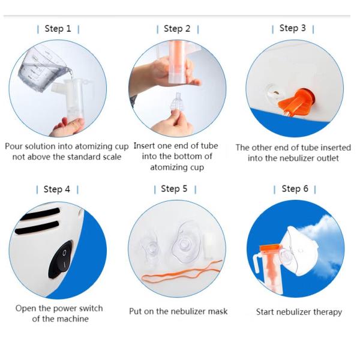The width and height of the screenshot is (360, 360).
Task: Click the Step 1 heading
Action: click(x=58, y=29)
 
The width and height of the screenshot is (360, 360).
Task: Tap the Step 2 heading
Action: click(x=177, y=29)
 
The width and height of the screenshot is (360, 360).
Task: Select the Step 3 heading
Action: click(x=293, y=28)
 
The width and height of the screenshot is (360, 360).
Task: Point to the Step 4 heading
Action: click(x=57, y=190)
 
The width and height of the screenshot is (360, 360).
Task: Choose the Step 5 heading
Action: click(x=174, y=189)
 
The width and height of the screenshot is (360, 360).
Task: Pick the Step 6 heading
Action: click(x=295, y=189)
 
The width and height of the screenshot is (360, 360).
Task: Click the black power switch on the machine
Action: click(x=61, y=259)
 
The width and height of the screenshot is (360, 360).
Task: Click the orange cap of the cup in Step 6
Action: click(x=270, y=248)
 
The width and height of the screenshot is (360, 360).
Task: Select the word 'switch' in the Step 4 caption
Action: click(x=91, y=308)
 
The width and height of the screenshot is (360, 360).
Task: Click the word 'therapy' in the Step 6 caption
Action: click(x=328, y=313)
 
